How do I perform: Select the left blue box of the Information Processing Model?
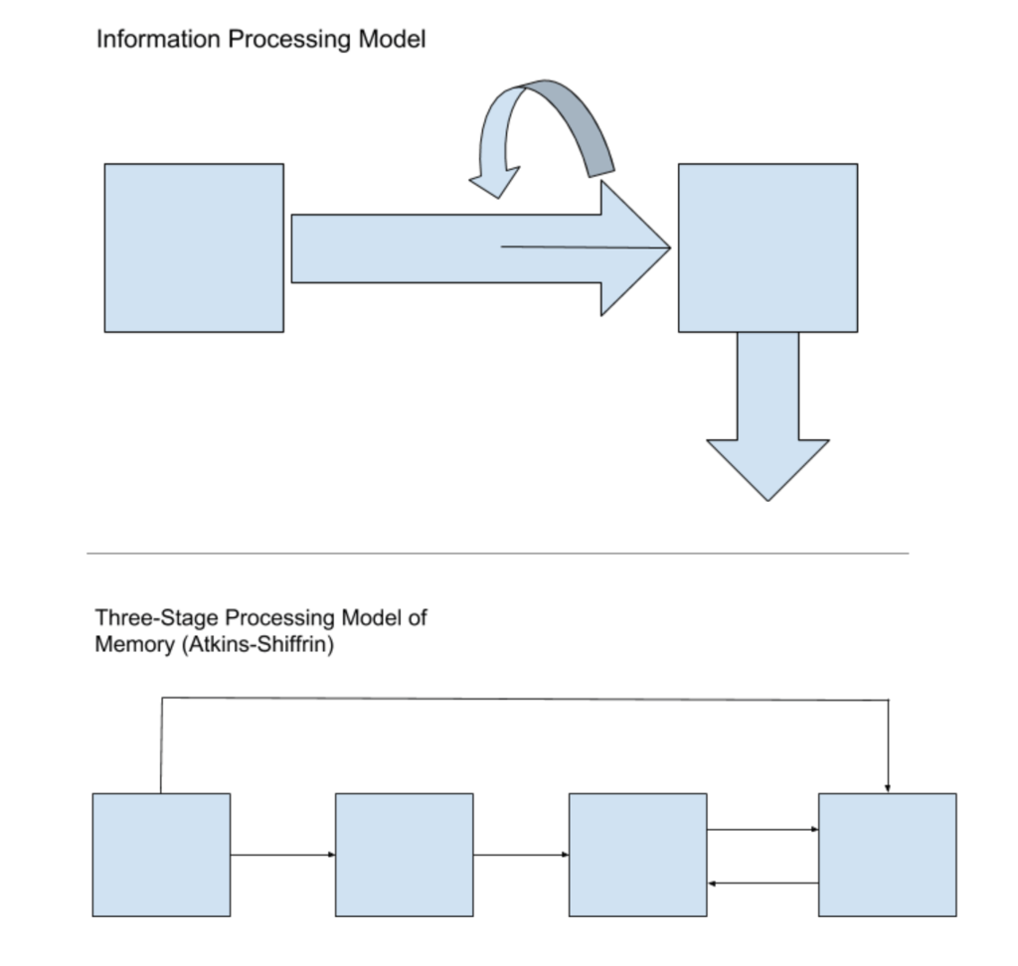click(x=194, y=247)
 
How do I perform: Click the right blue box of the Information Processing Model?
click(x=767, y=247)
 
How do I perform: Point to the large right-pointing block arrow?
click(x=447, y=248)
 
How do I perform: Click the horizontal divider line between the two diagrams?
click(x=497, y=553)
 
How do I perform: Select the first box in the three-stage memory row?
click(x=161, y=855)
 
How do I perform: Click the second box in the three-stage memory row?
click(x=404, y=855)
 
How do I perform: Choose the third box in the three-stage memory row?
click(x=637, y=855)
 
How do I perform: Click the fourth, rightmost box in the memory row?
click(x=887, y=855)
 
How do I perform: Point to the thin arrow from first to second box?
click(x=282, y=854)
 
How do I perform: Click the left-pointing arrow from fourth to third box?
click(x=762, y=883)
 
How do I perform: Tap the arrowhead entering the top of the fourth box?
click(x=887, y=788)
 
